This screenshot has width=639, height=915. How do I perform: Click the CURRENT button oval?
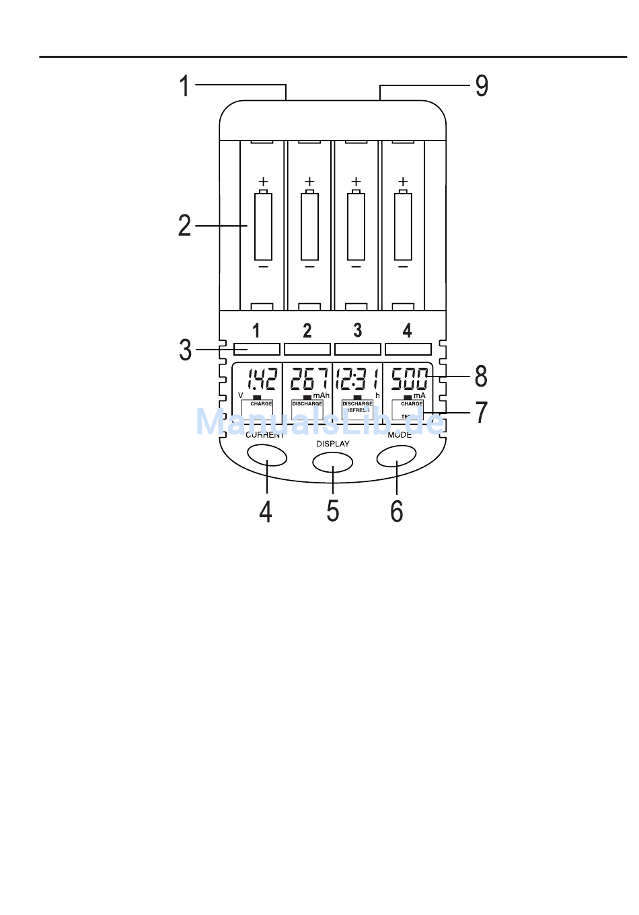[x=267, y=456]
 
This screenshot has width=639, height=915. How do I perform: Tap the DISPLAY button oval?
[x=332, y=462]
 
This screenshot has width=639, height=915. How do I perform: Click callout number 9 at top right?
[x=482, y=86]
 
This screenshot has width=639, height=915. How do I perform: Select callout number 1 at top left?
[x=184, y=86]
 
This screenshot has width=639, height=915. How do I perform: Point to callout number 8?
[x=481, y=376]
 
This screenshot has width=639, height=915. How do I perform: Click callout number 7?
[x=481, y=412]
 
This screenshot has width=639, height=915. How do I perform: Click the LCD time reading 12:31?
[x=357, y=380]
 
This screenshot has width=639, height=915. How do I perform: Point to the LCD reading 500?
[x=409, y=380]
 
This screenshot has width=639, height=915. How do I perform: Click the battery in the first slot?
[x=263, y=226]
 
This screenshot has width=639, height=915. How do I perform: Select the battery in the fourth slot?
[x=403, y=226]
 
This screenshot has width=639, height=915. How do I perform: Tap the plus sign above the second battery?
[x=309, y=182]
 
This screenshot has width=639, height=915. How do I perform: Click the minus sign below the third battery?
[x=356, y=267]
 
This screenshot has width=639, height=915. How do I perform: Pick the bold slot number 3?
[x=358, y=330]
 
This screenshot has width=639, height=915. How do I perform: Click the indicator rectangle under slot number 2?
[x=307, y=349]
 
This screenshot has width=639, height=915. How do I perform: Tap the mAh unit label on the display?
[x=322, y=395]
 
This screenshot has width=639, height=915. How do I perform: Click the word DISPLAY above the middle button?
[x=333, y=444]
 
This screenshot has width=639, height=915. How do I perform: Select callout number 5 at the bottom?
[x=333, y=512]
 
